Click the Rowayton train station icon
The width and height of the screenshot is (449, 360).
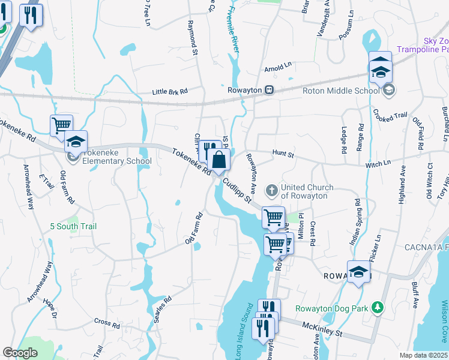pyautogui.click(x=270, y=90)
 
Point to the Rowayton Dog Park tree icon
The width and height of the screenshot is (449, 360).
pyautogui.click(x=377, y=308)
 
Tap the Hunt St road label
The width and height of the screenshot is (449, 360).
pyautogui.click(x=282, y=155)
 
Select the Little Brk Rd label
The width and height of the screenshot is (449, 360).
pyautogui.click(x=170, y=91)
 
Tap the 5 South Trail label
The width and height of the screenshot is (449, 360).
pyautogui.click(x=73, y=227)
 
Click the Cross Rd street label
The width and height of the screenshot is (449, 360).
pyautogui.click(x=107, y=323)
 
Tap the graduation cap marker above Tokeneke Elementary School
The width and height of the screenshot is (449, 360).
pyautogui.click(x=76, y=143)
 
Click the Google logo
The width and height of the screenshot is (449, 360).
pyautogui.click(x=20, y=353)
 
